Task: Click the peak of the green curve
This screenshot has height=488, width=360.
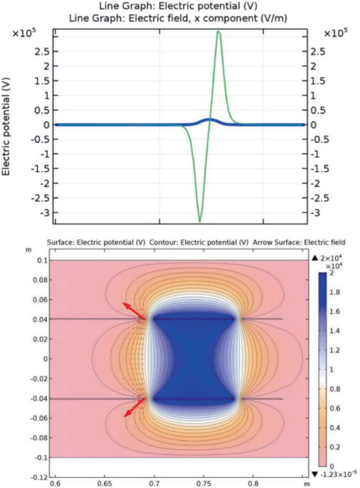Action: pyautogui.click(x=218, y=32)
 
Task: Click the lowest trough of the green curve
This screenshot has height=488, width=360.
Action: pyautogui.click(x=200, y=221)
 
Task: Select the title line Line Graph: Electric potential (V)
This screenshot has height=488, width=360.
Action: pyautogui.click(x=180, y=7)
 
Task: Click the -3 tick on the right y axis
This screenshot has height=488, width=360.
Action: pyautogui.click(x=315, y=213)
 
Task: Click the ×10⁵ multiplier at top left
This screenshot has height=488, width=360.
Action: pyautogui.click(x=24, y=33)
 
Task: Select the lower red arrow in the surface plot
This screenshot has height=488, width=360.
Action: pyautogui.click(x=135, y=408)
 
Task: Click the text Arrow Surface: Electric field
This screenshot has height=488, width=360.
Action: pyautogui.click(x=299, y=243)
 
